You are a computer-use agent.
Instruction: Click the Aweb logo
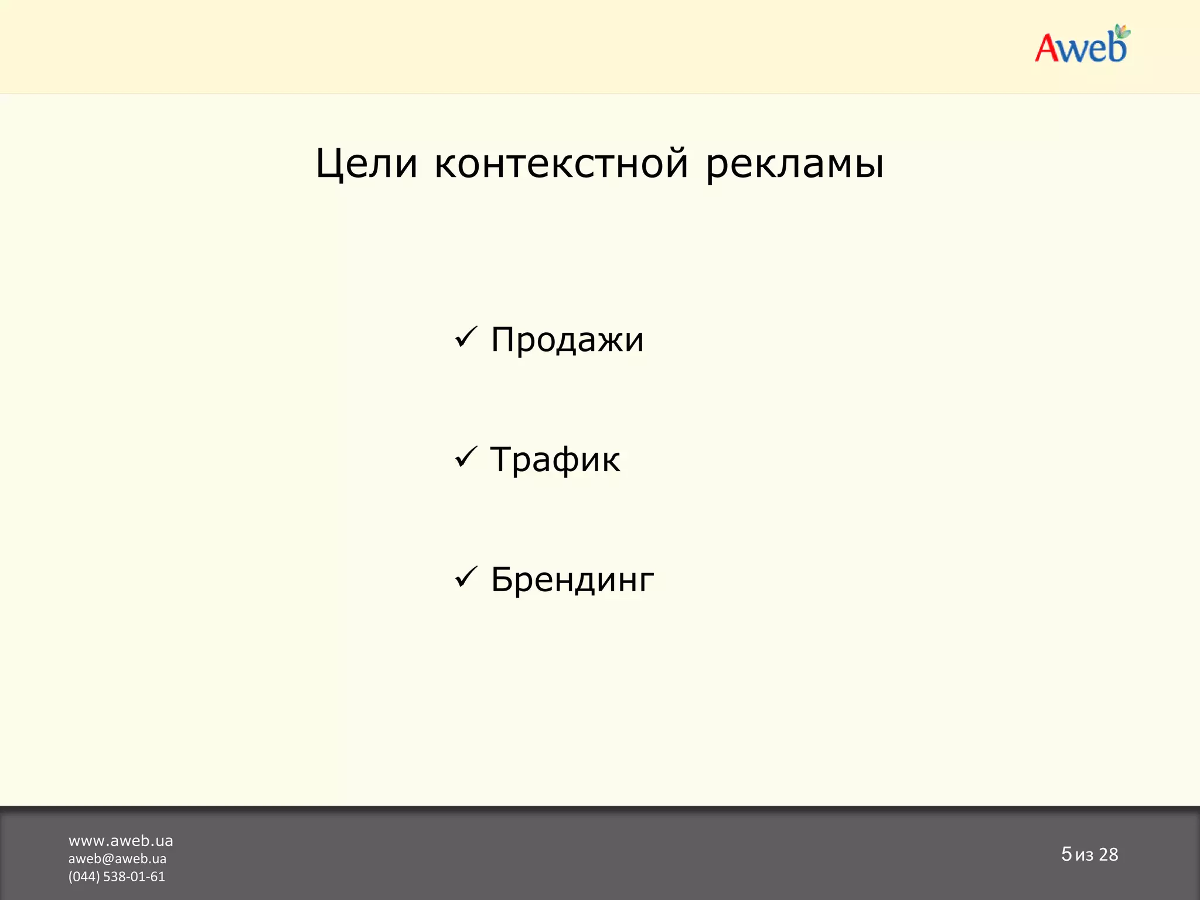pos(1082,46)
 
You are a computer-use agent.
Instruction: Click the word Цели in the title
pos(366,163)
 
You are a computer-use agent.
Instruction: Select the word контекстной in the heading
pos(561,163)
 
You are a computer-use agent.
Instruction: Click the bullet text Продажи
pos(567,339)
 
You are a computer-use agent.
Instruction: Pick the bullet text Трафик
pos(555,459)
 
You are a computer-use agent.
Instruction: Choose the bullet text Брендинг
pos(572,579)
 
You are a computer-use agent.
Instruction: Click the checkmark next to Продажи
pos(466,337)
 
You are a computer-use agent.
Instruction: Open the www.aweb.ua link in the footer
pos(121,841)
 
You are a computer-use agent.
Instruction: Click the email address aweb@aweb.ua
pos(117,859)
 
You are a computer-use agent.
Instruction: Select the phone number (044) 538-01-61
pos(117,877)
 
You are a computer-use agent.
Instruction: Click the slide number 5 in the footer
pos(1066,854)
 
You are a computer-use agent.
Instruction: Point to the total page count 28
pos(1108,855)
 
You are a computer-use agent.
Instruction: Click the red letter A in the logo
pos(1049,48)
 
